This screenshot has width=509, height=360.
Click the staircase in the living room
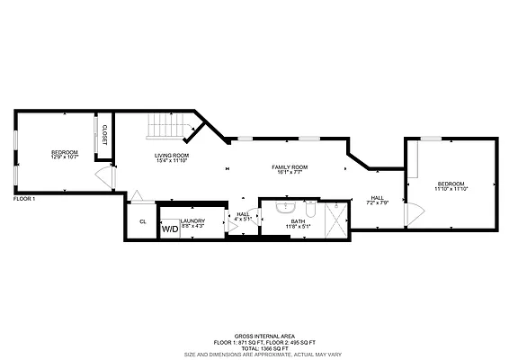pyautogui.click(x=166, y=127)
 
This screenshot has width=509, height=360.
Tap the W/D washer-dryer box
pyautogui.click(x=169, y=229)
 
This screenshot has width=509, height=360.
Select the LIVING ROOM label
pyautogui.click(x=171, y=156)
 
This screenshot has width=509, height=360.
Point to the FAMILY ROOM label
pyautogui.click(x=290, y=167)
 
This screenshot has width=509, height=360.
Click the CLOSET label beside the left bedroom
pyautogui.click(x=104, y=134)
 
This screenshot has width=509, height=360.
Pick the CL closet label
pyautogui.click(x=142, y=221)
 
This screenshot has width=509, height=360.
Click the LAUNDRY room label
pyautogui.click(x=193, y=220)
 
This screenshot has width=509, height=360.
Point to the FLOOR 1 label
pyautogui.click(x=24, y=198)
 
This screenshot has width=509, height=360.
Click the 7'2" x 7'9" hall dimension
pyautogui.click(x=378, y=203)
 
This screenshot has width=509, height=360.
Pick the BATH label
pyautogui.click(x=297, y=221)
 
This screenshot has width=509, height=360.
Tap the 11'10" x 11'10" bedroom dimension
pyautogui.click(x=451, y=189)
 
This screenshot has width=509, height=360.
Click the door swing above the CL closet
pyautogui.click(x=135, y=196)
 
